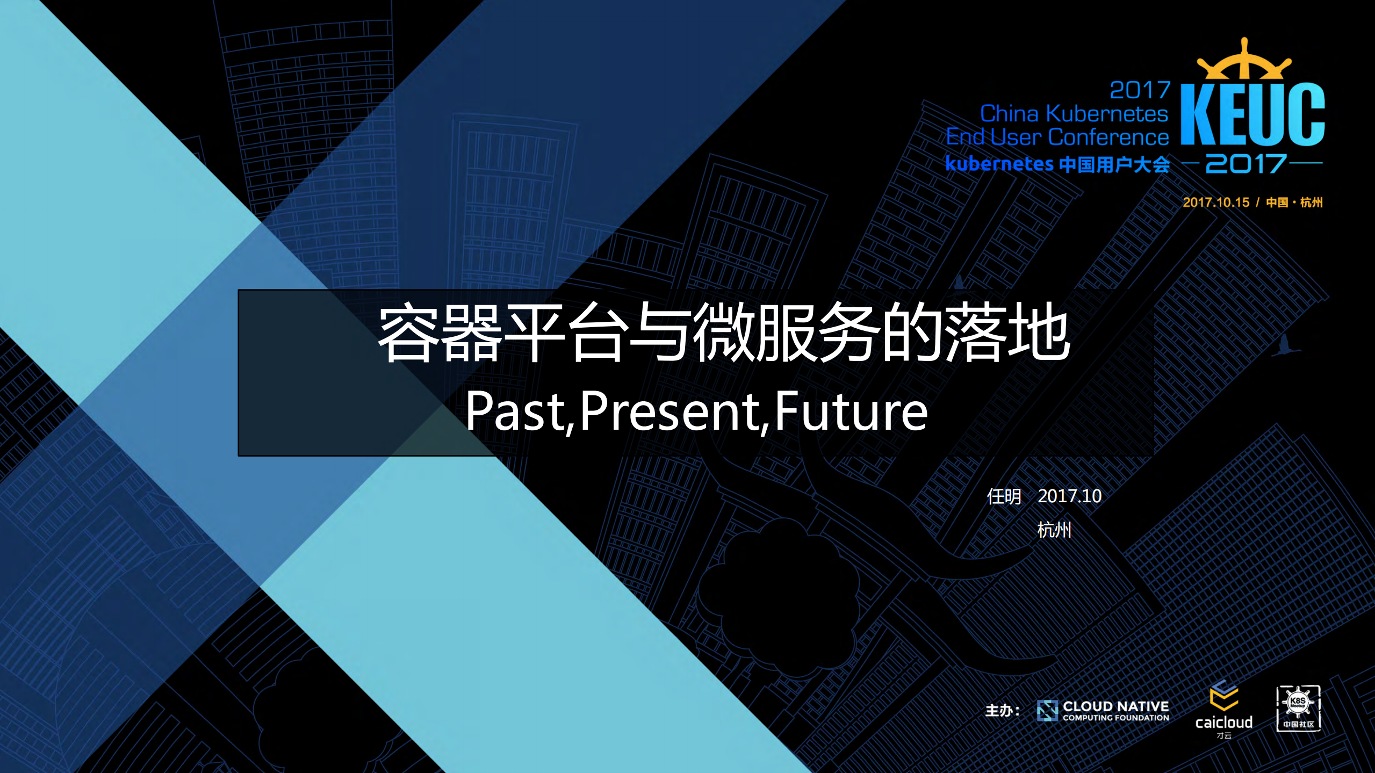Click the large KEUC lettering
tap(1252, 114)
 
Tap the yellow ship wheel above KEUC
tap(1244, 62)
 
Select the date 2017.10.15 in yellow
tap(1216, 203)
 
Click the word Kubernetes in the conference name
tap(1107, 114)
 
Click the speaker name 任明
tap(1004, 496)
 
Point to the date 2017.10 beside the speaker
tap(1069, 496)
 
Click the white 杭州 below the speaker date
tap(1054, 530)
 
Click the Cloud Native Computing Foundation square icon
tap(1047, 711)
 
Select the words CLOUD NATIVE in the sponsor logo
tap(1115, 706)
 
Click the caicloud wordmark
tap(1223, 723)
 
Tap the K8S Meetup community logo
tap(1298, 708)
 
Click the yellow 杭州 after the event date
tap(1311, 203)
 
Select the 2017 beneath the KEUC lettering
tap(1246, 163)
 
